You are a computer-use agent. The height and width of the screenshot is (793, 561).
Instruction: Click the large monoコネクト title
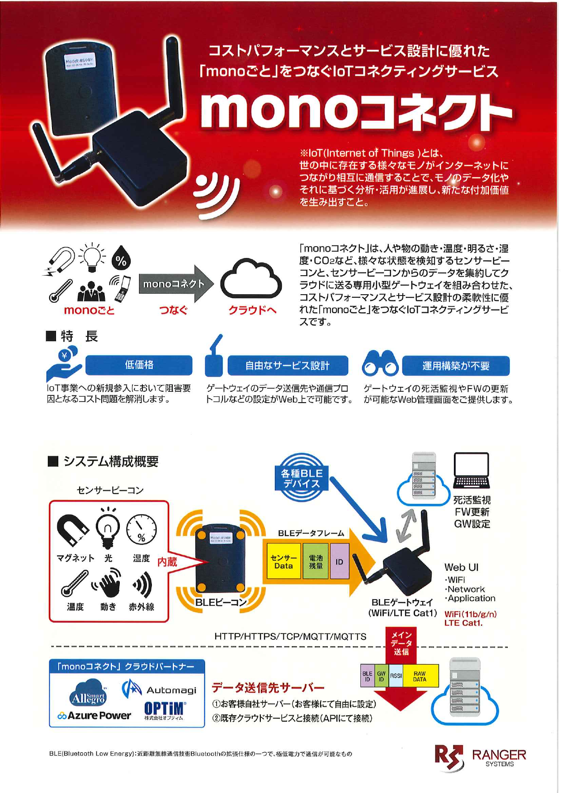click(356, 110)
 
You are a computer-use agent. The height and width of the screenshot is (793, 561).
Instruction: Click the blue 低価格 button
click(139, 365)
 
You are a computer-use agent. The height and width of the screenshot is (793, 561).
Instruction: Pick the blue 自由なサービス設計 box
click(288, 366)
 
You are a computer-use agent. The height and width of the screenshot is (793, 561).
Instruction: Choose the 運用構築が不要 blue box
click(456, 366)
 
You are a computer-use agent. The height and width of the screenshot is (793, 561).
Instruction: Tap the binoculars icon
click(380, 364)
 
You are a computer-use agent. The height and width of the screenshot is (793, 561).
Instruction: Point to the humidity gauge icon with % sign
click(141, 529)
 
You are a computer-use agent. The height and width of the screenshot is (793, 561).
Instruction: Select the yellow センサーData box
click(283, 562)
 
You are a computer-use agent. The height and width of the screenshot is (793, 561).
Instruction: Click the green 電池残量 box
click(316, 562)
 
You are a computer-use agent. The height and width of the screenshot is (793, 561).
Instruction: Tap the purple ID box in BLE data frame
click(339, 562)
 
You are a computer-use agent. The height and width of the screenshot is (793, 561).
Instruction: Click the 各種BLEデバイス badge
click(302, 478)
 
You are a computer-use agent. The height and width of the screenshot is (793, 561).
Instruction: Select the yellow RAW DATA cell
click(420, 676)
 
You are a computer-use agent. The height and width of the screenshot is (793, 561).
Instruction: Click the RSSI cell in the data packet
click(396, 676)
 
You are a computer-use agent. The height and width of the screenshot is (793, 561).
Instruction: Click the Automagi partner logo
click(159, 690)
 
